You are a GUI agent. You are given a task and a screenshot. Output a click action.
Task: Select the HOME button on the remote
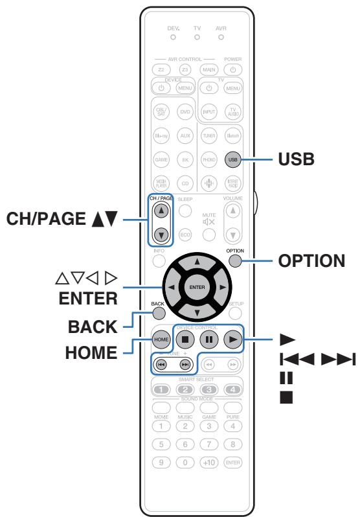[159, 339]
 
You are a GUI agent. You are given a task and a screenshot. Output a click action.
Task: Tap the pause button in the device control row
[208, 339]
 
